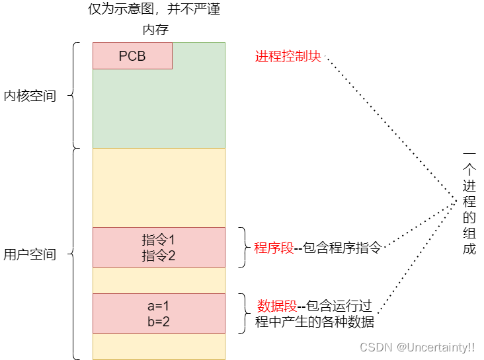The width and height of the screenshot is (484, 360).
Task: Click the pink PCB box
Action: pos(132,56)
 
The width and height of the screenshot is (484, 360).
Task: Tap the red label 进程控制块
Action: pos(288,56)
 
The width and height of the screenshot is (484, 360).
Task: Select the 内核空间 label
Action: pos(30,96)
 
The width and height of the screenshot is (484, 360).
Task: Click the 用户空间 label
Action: pos(30,254)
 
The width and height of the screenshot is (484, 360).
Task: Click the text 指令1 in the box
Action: pos(158,240)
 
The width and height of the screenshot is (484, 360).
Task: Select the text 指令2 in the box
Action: pos(158,255)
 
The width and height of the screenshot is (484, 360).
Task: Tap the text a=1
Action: pos(158,306)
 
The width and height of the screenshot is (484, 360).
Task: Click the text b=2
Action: pos(158,322)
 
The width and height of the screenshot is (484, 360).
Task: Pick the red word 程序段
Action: pos(274,248)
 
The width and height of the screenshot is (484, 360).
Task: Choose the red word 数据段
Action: pos(277,306)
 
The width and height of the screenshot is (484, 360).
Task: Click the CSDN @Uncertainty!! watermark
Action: pos(417,346)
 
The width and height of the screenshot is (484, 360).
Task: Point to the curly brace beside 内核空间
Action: pos(74,96)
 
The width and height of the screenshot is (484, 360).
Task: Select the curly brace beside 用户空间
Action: pos(74,254)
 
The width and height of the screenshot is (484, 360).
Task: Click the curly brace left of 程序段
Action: pos(243,248)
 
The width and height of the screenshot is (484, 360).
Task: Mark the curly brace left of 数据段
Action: pos(243,314)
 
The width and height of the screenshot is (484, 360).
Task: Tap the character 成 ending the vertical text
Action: pos(469,249)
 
